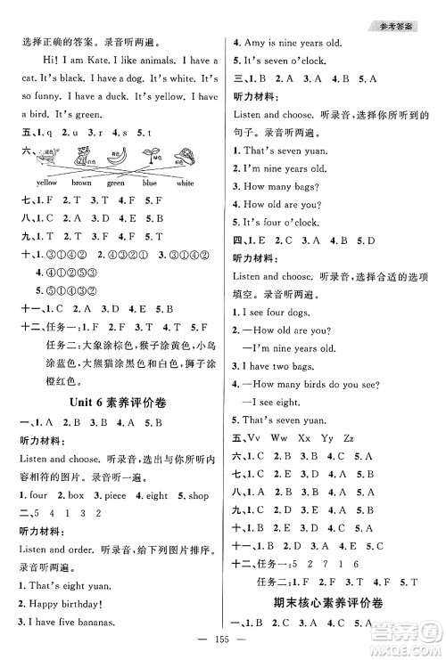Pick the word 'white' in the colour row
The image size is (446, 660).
185,183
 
